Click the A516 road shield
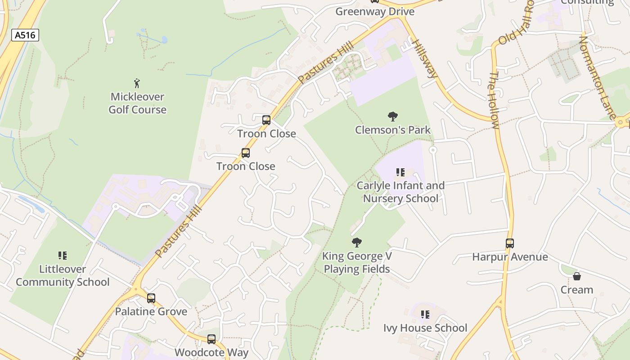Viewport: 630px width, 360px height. click(25, 35)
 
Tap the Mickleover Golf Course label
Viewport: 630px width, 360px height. click(138, 103)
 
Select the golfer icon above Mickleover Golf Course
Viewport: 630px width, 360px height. click(137, 83)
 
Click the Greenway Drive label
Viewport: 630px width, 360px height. click(375, 11)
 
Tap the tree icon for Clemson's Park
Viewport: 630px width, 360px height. click(393, 117)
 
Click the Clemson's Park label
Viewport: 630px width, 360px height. click(393, 130)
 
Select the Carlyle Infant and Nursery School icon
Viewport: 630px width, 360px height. click(400, 172)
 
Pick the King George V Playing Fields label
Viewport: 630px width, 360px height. click(357, 263)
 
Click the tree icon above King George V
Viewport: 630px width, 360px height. click(357, 243)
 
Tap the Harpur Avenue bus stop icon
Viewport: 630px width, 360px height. click(510, 243)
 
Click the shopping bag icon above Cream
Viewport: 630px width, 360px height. click(577, 276)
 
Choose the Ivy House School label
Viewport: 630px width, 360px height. click(425, 328)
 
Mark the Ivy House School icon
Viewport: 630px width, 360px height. click(425, 315)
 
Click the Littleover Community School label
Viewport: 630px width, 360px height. click(63, 275)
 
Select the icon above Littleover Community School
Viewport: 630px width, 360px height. click(63, 256)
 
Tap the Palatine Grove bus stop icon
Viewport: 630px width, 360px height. click(151, 298)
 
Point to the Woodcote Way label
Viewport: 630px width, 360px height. click(211, 352)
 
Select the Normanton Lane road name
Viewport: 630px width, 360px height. click(597, 77)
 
